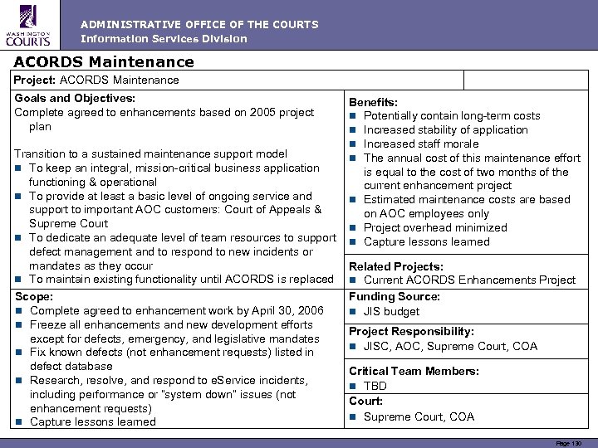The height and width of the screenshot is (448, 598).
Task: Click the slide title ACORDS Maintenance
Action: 104,62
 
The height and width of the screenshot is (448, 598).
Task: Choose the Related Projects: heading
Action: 395,266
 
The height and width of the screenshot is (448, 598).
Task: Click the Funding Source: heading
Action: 395,296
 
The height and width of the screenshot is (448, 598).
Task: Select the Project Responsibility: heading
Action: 411,331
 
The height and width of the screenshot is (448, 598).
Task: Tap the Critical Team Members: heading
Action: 414,371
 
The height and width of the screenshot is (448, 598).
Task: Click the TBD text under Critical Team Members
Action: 375,386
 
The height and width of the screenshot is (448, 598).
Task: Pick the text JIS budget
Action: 391,311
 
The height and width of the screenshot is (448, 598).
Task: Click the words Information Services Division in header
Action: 164,39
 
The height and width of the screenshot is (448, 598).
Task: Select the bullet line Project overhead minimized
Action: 435,227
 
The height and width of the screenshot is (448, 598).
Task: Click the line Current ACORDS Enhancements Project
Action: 469,280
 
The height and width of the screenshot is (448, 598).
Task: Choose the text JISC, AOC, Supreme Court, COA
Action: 450,346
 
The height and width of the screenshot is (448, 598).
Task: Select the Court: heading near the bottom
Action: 366,401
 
